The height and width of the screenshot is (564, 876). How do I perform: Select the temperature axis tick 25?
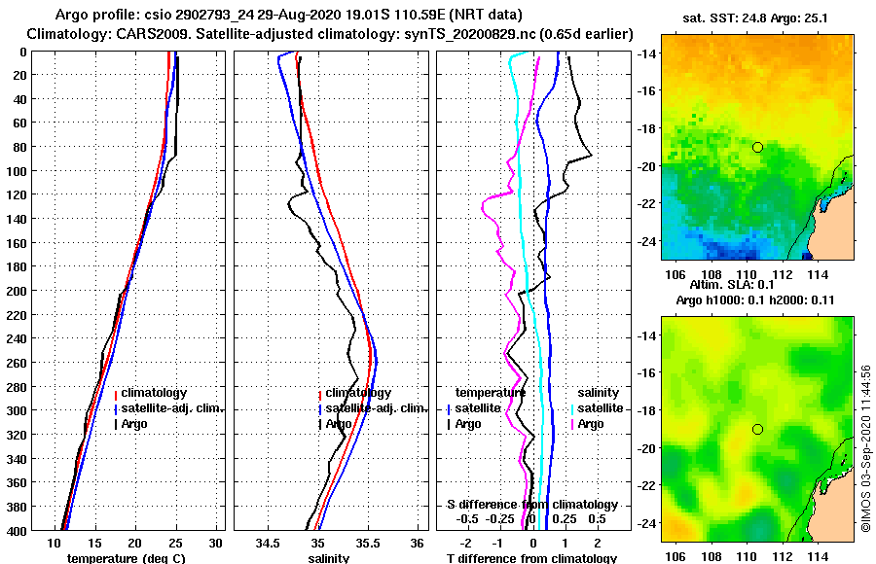coord(175,543)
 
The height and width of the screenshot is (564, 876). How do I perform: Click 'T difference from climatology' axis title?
coord(531,558)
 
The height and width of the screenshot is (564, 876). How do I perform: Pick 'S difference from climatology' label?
coord(531,505)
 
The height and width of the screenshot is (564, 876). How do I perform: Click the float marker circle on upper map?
coord(757,147)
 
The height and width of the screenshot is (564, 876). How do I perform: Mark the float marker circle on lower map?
coord(757,429)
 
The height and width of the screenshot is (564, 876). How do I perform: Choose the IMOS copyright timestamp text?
coord(866,449)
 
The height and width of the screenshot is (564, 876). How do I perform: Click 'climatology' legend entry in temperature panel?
coord(154,393)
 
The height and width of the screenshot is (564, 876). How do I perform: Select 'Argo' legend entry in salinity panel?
coord(340,424)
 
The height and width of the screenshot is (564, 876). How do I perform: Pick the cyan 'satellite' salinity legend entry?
coord(601,408)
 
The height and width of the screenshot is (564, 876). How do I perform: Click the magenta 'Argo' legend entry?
coord(590,424)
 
